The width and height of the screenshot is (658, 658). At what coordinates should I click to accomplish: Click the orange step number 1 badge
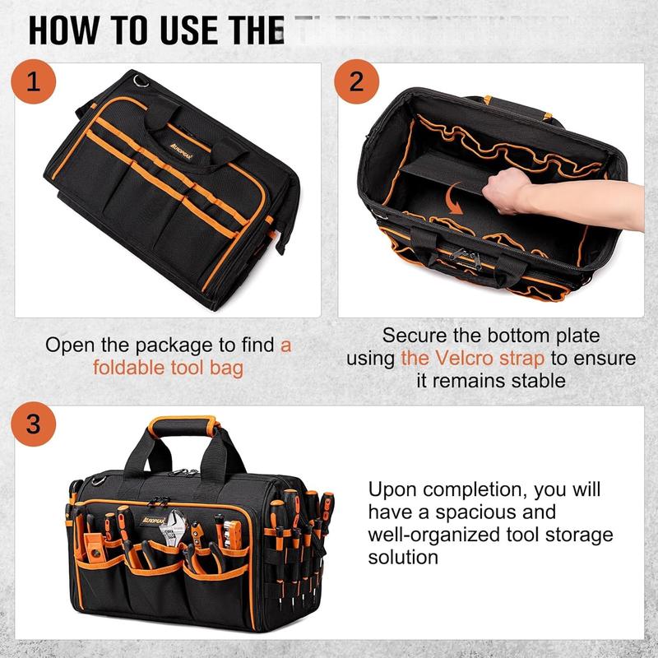coord(35,83)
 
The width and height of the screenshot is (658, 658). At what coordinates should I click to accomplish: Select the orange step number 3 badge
coord(34,425)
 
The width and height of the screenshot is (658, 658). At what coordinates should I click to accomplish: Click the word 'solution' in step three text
coord(403,557)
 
